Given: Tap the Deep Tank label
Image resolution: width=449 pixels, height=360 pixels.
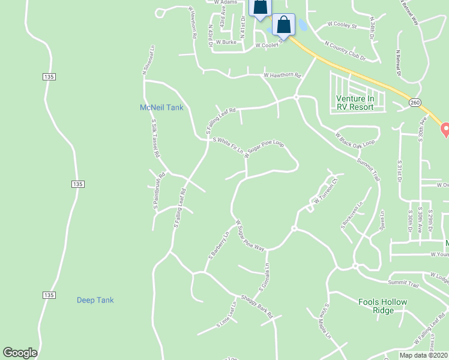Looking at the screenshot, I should (x=95, y=300).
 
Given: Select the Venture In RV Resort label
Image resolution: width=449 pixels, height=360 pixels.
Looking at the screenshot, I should (x=355, y=103).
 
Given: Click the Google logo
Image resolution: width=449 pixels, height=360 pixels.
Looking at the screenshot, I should (x=20, y=353).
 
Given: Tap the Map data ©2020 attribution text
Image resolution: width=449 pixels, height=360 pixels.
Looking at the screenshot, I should (x=424, y=355).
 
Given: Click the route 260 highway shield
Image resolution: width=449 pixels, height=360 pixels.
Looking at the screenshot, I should (x=415, y=103).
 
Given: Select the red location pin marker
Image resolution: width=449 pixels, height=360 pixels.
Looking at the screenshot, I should (x=445, y=129).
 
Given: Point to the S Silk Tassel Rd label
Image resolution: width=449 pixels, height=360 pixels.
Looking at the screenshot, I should (x=155, y=138).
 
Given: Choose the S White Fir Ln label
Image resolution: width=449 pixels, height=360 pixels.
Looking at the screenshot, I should (x=228, y=143).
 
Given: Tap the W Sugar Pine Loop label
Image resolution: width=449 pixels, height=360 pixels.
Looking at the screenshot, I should (x=264, y=150).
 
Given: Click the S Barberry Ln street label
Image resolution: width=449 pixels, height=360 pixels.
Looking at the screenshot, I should (x=218, y=245).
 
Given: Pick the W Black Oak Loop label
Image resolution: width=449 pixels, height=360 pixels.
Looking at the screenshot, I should (x=355, y=140).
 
